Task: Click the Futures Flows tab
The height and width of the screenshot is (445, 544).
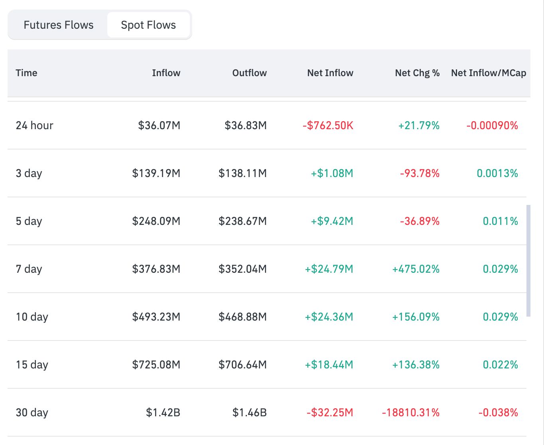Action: click(x=58, y=25)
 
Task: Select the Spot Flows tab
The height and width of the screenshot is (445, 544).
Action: click(x=148, y=25)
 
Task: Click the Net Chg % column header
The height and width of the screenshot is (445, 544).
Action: click(x=417, y=73)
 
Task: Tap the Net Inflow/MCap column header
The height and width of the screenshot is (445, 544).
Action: click(x=489, y=73)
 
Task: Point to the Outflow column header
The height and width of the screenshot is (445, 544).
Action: click(x=249, y=73)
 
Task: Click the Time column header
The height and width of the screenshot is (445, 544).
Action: click(x=26, y=73)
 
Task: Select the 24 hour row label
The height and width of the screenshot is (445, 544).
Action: click(x=34, y=126)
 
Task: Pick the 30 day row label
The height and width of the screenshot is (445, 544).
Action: click(x=32, y=413)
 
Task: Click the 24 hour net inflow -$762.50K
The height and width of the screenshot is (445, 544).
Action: click(x=328, y=126)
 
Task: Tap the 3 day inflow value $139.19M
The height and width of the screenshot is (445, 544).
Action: click(x=156, y=173)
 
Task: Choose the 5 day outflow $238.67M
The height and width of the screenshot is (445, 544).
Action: click(x=242, y=221)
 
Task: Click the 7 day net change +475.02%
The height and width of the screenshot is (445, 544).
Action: click(x=416, y=269)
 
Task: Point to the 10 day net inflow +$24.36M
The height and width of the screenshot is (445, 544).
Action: click(x=329, y=317)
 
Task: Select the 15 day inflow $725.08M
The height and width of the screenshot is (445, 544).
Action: click(x=156, y=365)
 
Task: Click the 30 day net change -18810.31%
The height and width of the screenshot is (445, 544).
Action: click(x=410, y=413)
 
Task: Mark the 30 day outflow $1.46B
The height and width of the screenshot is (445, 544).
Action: click(x=249, y=413)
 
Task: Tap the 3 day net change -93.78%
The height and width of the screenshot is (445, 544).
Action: click(x=420, y=173)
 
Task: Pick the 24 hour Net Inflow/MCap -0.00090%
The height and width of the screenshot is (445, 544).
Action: click(x=492, y=126)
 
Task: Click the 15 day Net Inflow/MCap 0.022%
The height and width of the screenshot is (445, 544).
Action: click(x=500, y=365)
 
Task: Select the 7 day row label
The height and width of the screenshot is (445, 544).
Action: click(x=29, y=269)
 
